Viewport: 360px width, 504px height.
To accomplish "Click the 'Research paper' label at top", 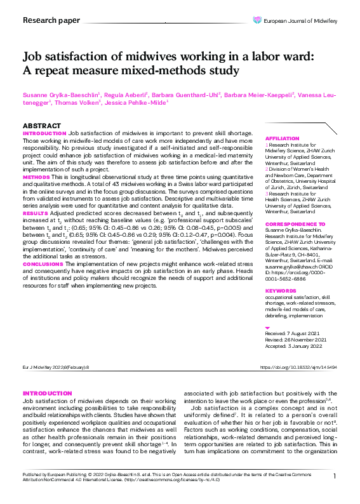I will pos(51,20).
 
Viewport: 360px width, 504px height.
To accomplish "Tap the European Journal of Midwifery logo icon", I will pos(257,20).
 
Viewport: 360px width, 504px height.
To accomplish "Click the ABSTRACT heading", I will pos(43,126).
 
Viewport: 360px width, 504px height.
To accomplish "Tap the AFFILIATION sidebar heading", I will pos(282,138).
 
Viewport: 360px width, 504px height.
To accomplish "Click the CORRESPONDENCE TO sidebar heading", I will pos(295,225).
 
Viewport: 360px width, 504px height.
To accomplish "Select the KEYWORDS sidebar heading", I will pos(281,291).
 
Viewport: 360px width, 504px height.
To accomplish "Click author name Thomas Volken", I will pos(77,102).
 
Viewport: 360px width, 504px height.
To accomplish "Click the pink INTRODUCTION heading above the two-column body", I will pos(48,394).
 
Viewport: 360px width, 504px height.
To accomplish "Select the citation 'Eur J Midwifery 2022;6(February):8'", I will pos(57,368).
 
